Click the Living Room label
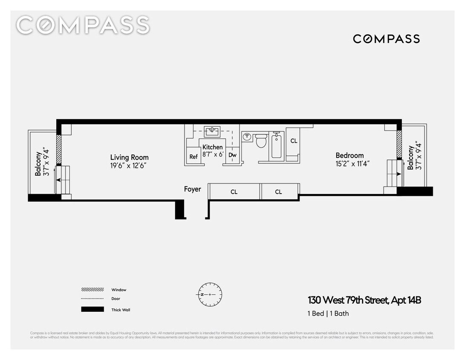tap(129, 157)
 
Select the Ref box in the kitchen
tap(194, 156)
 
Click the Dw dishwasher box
tap(232, 155)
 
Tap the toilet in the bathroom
tap(261, 141)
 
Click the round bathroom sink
tap(247, 136)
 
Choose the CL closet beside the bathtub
tap(294, 141)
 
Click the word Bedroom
tap(349, 155)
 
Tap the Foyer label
tap(192, 189)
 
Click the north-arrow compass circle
tap(209, 294)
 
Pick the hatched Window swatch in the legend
tap(92, 290)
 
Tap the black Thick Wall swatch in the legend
tap(92, 309)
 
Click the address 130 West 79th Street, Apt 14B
tap(364, 300)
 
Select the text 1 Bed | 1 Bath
tap(328, 314)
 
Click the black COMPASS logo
tap(386, 39)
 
